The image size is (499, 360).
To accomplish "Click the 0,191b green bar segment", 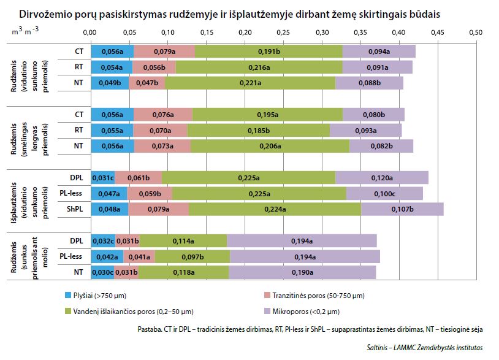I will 269,52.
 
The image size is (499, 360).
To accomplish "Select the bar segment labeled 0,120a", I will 381,178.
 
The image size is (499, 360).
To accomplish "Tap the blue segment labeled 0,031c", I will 103,178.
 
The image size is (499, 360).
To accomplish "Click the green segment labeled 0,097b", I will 192,256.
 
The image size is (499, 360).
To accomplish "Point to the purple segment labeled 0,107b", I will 402,209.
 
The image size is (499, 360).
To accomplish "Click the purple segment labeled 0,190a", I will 302,272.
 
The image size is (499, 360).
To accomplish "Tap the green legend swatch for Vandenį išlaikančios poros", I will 69,312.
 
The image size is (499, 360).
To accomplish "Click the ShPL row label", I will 77,209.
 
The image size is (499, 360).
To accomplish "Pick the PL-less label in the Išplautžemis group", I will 72,193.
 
